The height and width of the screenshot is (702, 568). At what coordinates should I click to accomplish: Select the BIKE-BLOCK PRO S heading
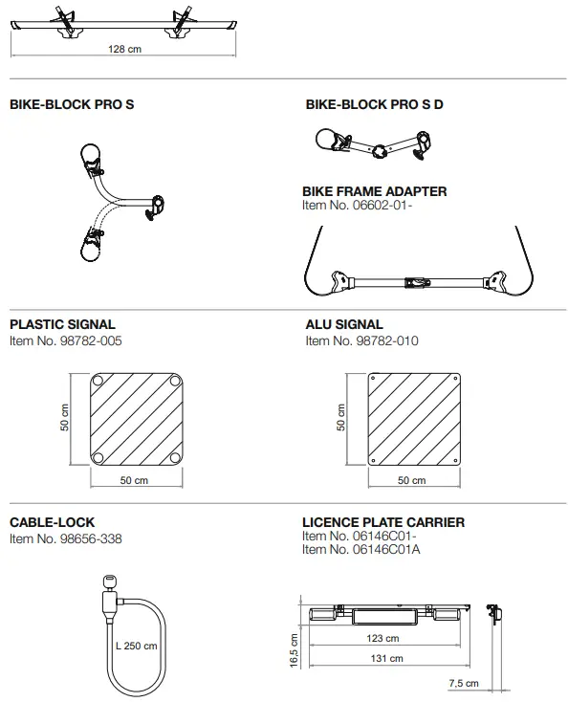click(x=72, y=105)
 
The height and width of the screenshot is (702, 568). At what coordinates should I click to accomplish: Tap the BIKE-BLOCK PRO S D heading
click(x=374, y=105)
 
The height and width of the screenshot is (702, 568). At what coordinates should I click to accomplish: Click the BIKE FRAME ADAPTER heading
click(x=374, y=191)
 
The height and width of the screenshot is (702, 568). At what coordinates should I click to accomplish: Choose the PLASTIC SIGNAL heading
click(x=62, y=325)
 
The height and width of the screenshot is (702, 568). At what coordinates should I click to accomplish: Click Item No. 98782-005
click(x=66, y=340)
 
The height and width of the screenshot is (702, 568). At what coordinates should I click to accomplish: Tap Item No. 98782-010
click(x=360, y=340)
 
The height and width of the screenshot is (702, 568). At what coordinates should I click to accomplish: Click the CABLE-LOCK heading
click(x=52, y=523)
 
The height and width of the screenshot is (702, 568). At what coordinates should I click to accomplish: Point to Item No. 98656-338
click(x=66, y=538)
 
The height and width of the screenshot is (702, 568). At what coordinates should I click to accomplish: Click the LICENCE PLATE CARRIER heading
click(x=383, y=523)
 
